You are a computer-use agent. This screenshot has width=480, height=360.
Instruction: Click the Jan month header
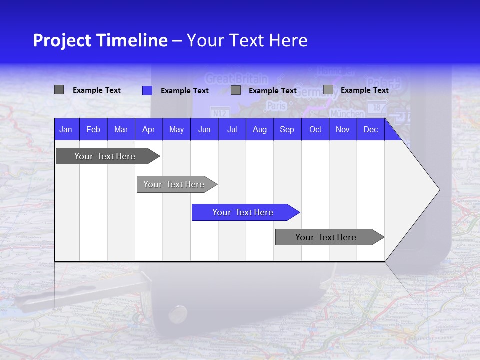(66, 129)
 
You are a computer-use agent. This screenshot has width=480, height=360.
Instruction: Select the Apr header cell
(148, 129)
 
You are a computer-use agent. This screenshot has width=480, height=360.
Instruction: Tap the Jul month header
(232, 129)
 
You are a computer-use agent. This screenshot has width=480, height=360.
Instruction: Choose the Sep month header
(287, 129)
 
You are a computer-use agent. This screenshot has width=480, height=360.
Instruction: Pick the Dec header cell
(370, 129)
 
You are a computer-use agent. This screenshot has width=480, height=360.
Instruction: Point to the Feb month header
(93, 129)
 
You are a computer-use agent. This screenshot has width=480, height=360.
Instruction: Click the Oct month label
(315, 129)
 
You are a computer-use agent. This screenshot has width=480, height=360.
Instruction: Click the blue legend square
(147, 90)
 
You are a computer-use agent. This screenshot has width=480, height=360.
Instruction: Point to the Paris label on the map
(276, 106)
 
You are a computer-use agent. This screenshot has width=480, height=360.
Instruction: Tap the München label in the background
(347, 114)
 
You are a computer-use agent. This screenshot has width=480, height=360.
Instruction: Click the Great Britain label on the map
(236, 79)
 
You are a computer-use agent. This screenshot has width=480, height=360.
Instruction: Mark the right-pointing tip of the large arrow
(439, 189)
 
